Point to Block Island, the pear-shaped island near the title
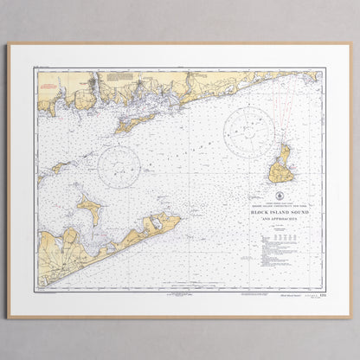point(281,165)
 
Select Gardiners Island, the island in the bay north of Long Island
point(89,208)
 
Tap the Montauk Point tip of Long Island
point(178,218)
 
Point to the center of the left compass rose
point(119,166)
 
